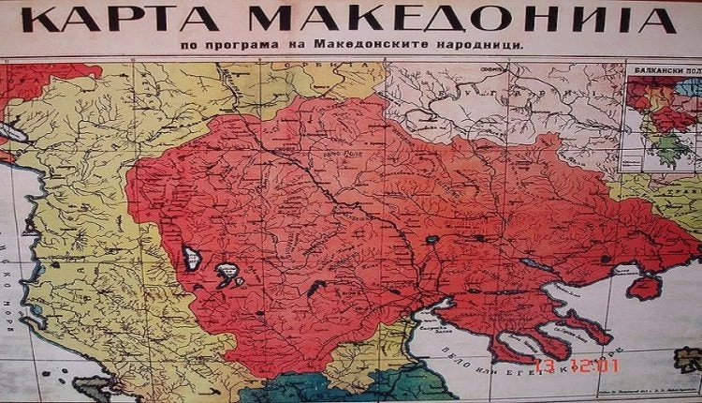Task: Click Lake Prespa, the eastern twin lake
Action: [x=227, y=273]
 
